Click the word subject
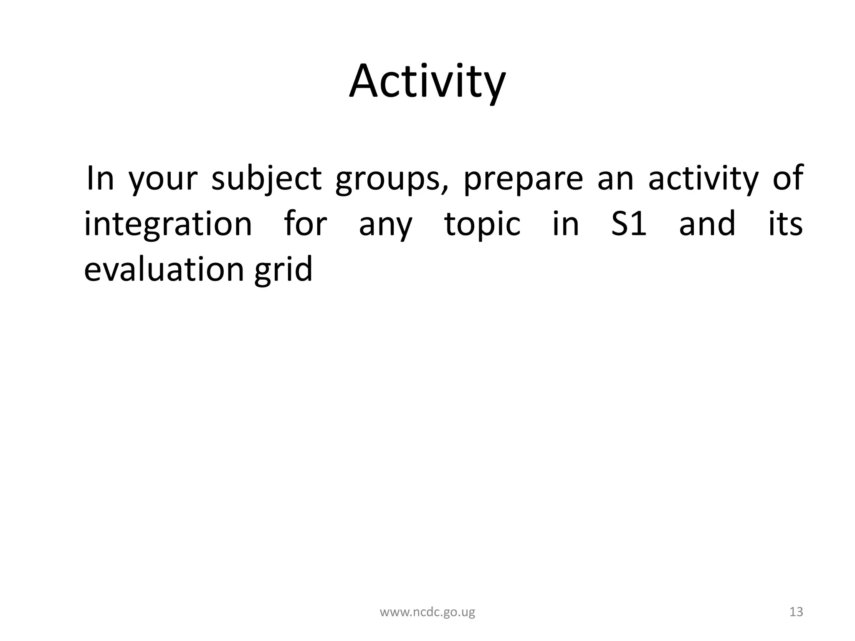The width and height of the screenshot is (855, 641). (x=266, y=179)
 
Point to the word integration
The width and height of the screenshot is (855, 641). (x=168, y=225)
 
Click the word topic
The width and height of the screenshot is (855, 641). (x=483, y=225)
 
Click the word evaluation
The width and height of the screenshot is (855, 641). (x=164, y=269)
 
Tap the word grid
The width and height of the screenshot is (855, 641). (x=283, y=269)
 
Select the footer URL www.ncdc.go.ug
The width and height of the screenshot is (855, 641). (x=427, y=612)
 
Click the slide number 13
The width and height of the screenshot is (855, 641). (x=796, y=612)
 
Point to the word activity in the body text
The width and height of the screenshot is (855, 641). (x=703, y=179)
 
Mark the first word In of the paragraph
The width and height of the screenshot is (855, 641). (x=100, y=178)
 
